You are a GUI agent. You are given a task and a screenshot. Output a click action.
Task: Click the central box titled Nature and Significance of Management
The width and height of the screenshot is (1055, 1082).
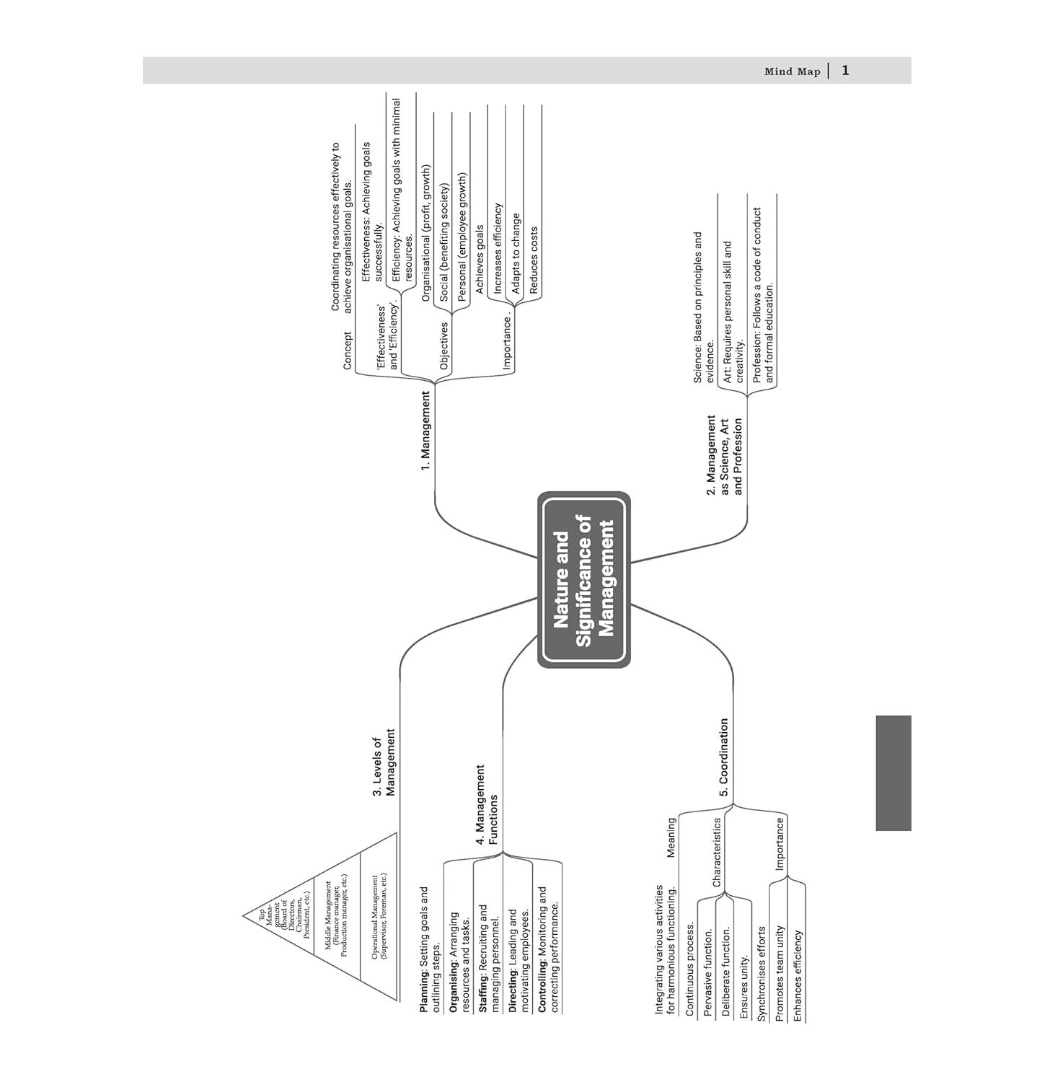(x=583, y=580)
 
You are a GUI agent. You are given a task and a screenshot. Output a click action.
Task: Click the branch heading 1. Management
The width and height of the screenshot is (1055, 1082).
(x=425, y=431)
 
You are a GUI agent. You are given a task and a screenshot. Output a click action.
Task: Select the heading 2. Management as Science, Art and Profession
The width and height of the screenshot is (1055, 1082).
(x=723, y=455)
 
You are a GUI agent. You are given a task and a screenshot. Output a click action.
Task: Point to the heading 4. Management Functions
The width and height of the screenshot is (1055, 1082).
(x=487, y=804)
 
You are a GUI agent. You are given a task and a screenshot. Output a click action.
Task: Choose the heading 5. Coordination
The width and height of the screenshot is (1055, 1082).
(x=723, y=757)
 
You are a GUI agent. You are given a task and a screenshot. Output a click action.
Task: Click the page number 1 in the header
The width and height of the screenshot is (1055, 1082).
(x=845, y=71)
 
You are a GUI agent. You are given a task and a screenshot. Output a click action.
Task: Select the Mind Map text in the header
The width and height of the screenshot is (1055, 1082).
(x=792, y=71)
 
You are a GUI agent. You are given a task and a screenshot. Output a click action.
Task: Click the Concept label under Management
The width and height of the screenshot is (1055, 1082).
(x=348, y=351)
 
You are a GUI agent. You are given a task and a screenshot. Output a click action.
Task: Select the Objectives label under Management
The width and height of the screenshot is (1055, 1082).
(x=444, y=346)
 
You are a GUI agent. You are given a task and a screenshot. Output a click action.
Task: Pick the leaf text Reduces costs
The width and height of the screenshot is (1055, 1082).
(x=534, y=260)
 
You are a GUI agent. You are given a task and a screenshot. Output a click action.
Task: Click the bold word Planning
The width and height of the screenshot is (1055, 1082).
(x=424, y=990)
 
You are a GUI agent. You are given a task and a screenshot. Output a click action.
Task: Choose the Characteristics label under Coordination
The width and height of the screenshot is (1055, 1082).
(x=716, y=852)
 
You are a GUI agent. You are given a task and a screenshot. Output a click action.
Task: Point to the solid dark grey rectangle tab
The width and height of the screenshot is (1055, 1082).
(x=893, y=773)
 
